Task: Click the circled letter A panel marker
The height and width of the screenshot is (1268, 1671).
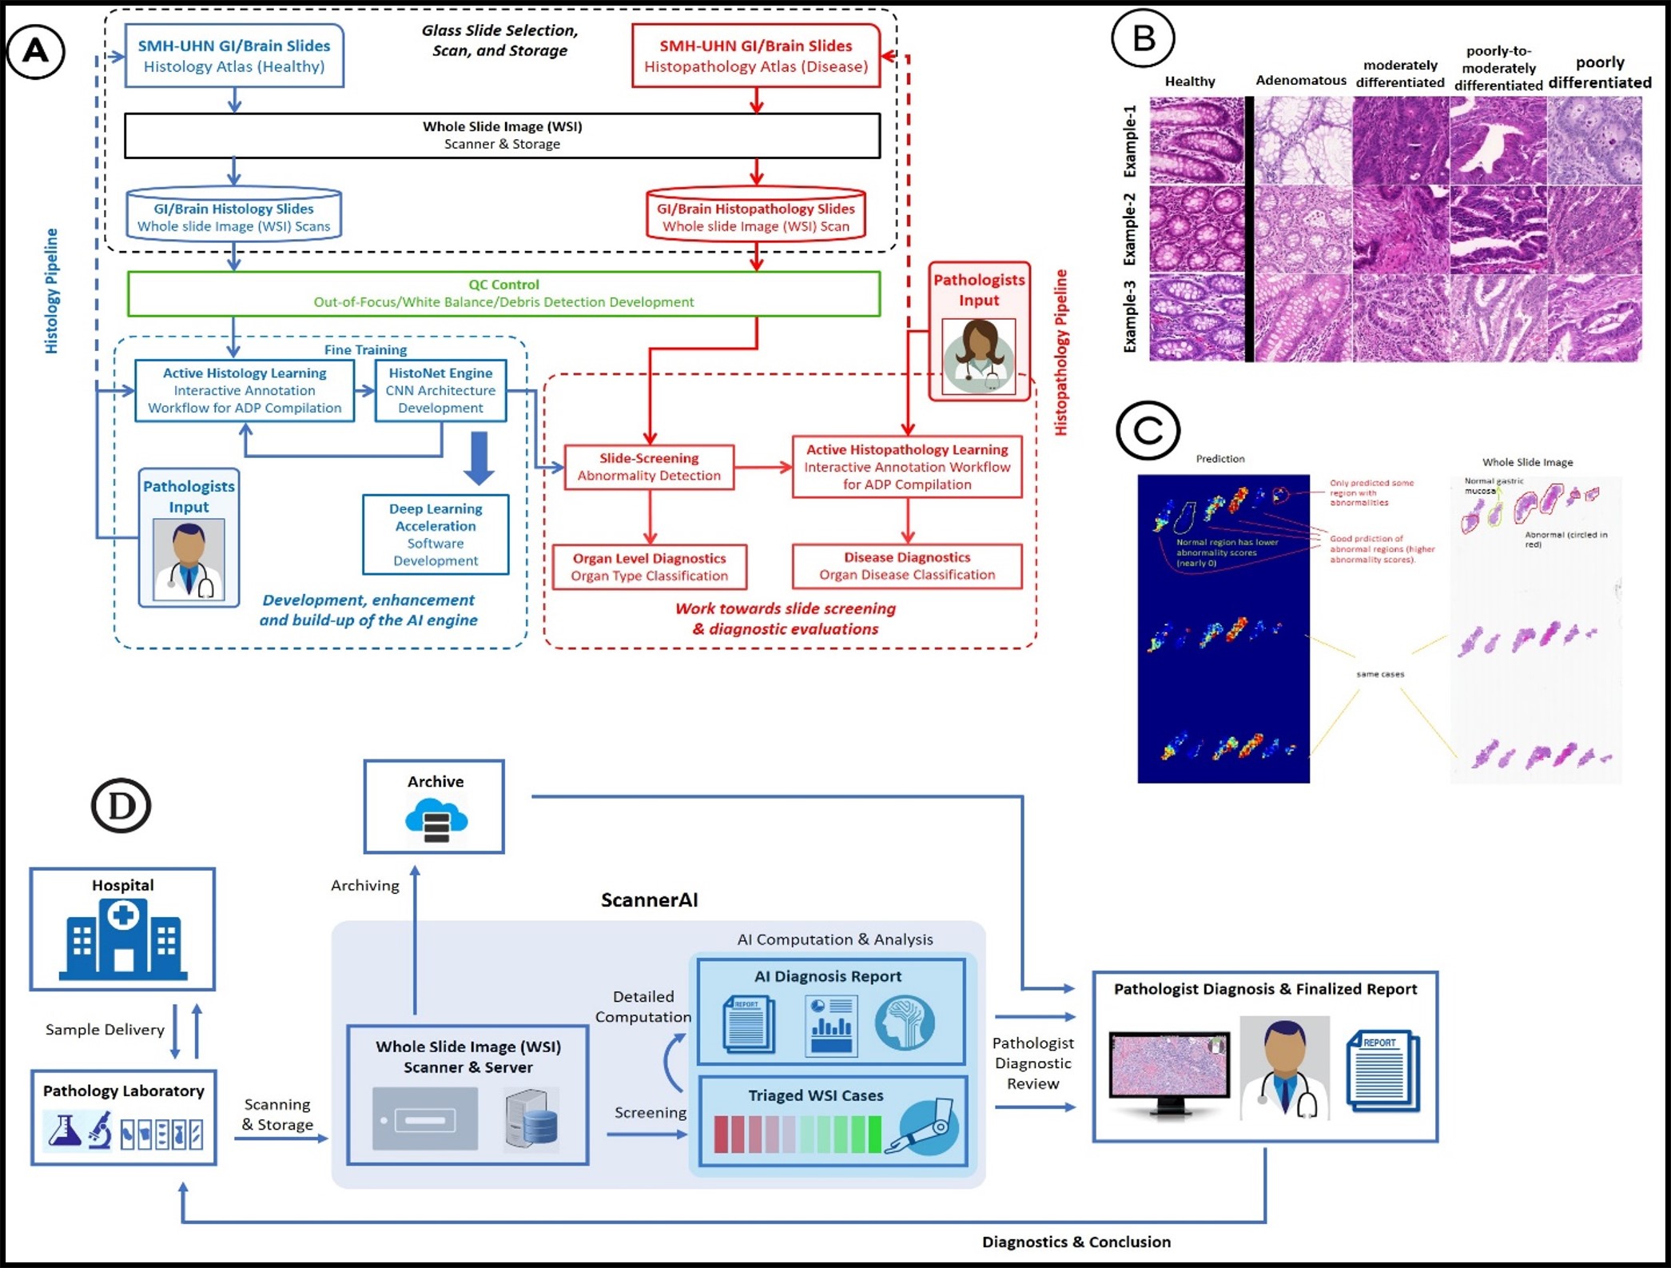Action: [x=36, y=52]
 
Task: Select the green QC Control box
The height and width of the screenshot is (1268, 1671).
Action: [x=503, y=293]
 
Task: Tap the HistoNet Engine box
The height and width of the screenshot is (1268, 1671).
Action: [x=440, y=390]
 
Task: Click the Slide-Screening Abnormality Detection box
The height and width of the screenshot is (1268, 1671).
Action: [x=649, y=467]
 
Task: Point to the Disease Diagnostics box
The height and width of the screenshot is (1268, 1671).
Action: [x=907, y=566]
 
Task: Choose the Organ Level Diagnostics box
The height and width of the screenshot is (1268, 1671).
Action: [x=650, y=567]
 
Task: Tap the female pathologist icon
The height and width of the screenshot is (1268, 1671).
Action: [x=979, y=357]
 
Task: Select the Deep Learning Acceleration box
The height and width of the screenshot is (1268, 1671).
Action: [x=436, y=534]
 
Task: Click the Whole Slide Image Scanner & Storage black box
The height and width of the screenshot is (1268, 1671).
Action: [x=502, y=135]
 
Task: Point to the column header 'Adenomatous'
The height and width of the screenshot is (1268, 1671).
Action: [x=1300, y=80]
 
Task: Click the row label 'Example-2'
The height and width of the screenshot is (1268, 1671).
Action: [x=1129, y=229]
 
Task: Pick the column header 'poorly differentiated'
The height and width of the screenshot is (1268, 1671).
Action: [x=1599, y=72]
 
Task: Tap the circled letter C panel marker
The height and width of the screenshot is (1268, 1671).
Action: [x=1148, y=430]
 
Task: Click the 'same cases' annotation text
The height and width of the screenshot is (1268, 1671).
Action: [x=1380, y=674]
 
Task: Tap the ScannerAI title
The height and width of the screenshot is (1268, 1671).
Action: [x=649, y=900]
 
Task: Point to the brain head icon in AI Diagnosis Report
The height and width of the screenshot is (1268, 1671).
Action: [x=904, y=1023]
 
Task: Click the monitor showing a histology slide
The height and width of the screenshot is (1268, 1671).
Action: [x=1169, y=1071]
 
